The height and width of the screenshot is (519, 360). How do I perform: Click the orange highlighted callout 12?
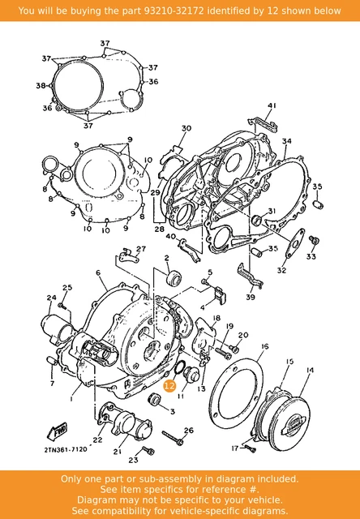pos(169,387)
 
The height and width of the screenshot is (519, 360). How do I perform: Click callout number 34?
pos(286,141)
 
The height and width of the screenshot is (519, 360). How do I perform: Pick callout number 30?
pos(186,129)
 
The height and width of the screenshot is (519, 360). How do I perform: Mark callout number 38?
pos(41,86)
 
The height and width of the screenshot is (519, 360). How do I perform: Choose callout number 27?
pos(140,248)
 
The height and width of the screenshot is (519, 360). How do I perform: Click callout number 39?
pos(250,298)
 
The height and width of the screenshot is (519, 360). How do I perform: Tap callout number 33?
pos(311,257)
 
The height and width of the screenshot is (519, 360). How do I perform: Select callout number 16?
pos(264,346)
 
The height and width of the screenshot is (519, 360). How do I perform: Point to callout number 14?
pos(309,371)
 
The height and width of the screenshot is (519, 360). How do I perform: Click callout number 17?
pos(234,447)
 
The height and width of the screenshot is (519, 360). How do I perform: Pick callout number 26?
pos(189,431)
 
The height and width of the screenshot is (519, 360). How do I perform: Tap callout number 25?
pos(68,287)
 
